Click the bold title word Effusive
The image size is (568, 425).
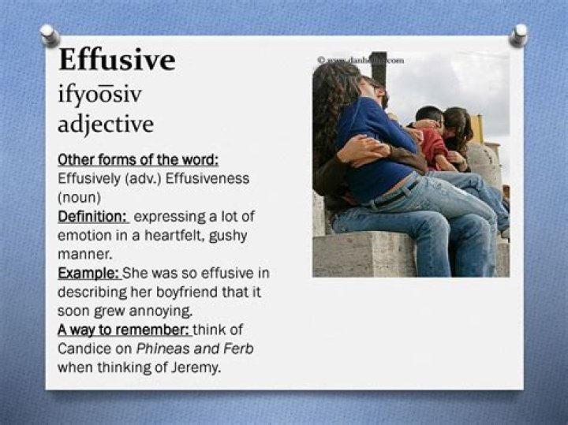click(x=116, y=60)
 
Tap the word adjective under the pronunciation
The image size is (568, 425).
click(x=106, y=124)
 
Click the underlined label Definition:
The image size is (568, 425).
click(x=92, y=215)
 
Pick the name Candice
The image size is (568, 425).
click(x=83, y=349)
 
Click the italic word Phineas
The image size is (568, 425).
click(x=159, y=349)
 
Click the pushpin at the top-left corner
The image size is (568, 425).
click(x=50, y=34)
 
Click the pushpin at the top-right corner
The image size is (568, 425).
click(x=518, y=34)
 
